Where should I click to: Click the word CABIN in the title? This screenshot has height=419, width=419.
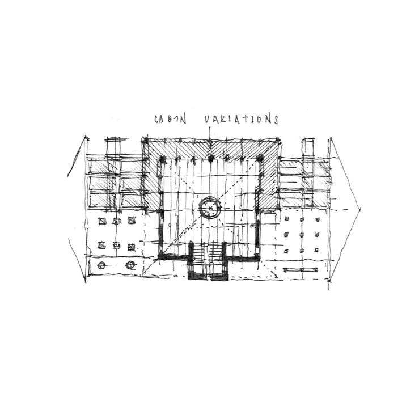tap(168, 120)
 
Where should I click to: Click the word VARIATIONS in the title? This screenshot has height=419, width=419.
tap(241, 120)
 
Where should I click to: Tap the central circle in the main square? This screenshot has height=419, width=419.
tap(210, 209)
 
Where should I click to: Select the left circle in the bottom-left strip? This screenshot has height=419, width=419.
tap(101, 265)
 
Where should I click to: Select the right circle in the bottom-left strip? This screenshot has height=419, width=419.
tap(130, 265)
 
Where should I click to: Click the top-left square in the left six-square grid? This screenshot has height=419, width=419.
tap(103, 221)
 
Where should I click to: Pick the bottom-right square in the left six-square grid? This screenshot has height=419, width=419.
tap(131, 246)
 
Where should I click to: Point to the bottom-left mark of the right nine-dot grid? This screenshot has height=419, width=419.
tap(288, 250)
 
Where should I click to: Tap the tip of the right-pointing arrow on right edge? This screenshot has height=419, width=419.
tap(359, 208)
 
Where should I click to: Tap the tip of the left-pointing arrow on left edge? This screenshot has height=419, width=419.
tap(67, 170)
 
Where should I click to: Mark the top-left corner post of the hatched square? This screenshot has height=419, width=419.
tap(145, 140)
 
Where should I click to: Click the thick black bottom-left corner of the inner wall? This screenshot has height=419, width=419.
tap(162, 255)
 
